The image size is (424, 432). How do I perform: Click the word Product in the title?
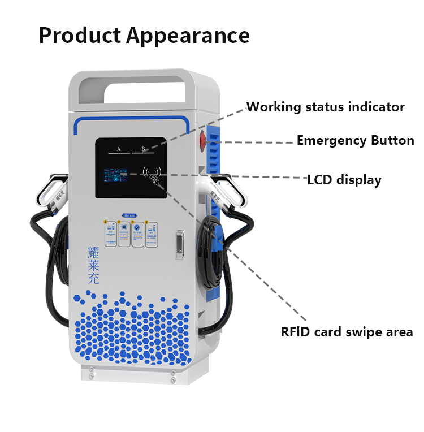pos(79,36)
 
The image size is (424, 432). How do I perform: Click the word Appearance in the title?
pos(188,36)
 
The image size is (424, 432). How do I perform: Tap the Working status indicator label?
pos(326,107)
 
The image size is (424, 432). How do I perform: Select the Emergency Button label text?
pos(355,141)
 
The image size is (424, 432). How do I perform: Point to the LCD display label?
pos(344,180)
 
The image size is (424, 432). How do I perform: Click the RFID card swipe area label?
pos(347,332)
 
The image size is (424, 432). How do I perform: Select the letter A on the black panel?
pos(119,149)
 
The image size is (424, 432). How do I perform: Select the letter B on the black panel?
pos(144,149)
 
